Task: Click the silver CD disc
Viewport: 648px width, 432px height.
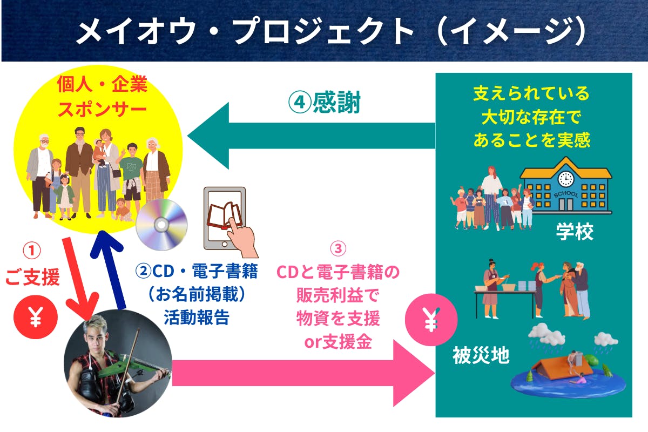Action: coord(161,225)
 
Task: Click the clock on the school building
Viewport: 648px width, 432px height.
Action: coord(565,178)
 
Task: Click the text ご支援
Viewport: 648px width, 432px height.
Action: coord(32,278)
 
